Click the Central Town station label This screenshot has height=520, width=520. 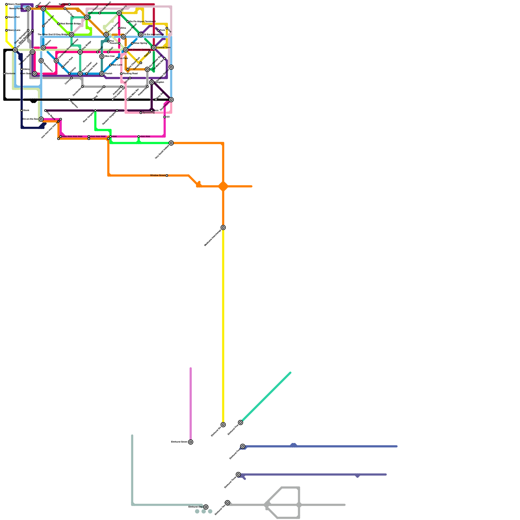(163, 48)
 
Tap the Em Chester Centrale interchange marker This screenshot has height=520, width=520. (125, 50)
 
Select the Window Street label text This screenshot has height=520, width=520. (158, 175)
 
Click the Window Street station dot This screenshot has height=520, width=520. (167, 175)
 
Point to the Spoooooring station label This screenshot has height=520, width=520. (149, 113)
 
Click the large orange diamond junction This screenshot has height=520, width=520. (223, 186)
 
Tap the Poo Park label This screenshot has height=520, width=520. (123, 58)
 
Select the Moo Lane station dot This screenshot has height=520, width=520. (110, 65)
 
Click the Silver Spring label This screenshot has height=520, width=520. (140, 43)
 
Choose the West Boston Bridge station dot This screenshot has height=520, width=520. (58, 24)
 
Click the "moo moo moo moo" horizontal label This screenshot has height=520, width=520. (72, 136)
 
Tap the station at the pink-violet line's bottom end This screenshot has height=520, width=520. (190, 442)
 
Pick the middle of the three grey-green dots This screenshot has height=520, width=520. (203, 511)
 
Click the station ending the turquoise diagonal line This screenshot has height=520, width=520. (240, 422)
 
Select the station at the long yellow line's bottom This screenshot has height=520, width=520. (223, 425)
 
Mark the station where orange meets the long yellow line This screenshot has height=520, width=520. (223, 227)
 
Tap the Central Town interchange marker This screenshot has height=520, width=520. (154, 48)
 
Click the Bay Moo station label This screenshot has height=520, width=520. (63, 4)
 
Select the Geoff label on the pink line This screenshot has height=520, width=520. (100, 49)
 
